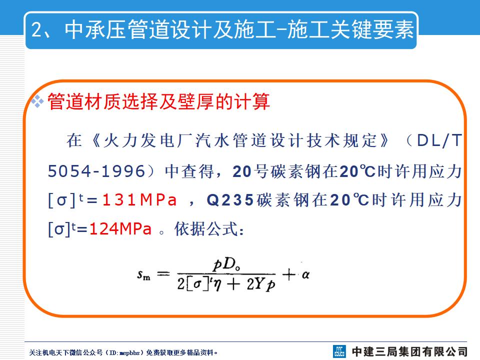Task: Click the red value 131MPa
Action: click(x=140, y=200)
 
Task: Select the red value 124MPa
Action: click(x=120, y=229)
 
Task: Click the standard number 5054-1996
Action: click(x=96, y=171)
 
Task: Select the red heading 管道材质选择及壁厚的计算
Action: click(x=158, y=102)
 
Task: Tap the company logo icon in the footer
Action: click(x=340, y=351)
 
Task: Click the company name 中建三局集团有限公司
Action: click(x=409, y=351)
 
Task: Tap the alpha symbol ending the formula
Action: click(x=305, y=274)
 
